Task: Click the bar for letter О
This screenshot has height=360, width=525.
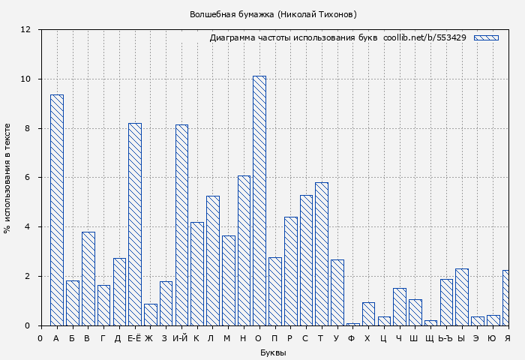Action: [259, 200]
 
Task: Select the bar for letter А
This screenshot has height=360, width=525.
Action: [57, 210]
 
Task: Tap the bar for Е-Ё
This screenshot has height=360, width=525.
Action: [135, 224]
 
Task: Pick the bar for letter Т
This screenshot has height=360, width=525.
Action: [322, 253]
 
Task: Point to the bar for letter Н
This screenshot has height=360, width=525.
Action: [244, 250]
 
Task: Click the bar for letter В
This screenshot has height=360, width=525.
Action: [88, 278]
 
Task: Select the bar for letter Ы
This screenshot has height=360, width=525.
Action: [462, 297]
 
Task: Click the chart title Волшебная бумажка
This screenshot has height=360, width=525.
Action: [273, 14]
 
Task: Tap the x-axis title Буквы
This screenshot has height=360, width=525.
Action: [273, 352]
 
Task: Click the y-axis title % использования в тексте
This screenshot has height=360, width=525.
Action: [7, 178]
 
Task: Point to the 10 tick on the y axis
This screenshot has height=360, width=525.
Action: [25, 79]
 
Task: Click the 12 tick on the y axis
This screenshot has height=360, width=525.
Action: [25, 30]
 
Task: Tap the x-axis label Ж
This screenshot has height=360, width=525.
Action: [149, 338]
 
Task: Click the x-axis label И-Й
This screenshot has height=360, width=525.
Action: [180, 338]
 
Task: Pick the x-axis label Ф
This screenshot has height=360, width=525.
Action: [352, 338]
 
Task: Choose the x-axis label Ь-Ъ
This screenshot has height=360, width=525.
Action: [445, 338]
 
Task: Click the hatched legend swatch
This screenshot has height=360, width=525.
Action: [486, 37]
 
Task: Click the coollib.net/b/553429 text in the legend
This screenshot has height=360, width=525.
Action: [424, 37]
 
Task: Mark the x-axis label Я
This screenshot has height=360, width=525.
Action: [508, 338]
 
